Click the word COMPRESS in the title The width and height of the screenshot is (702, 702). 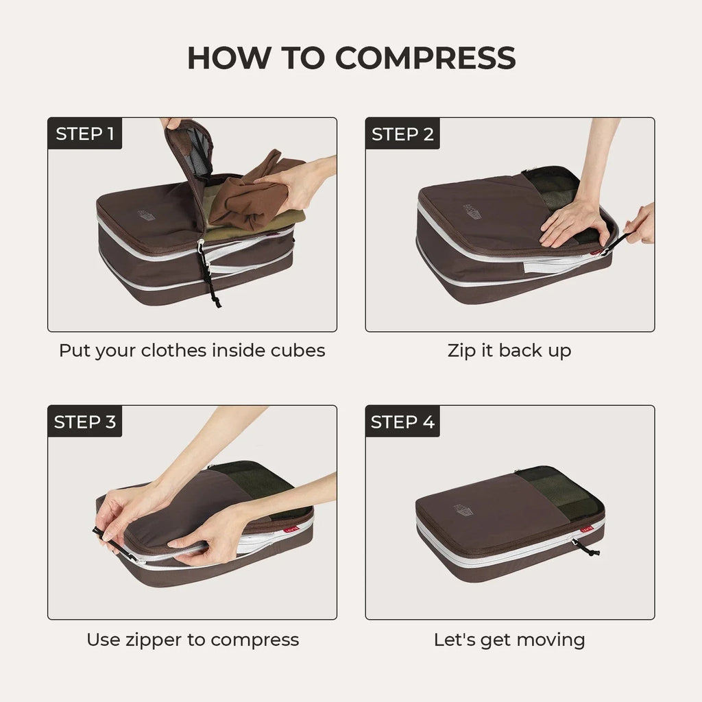point(425,58)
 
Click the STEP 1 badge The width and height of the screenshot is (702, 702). point(84,134)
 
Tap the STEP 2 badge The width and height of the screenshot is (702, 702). point(402,134)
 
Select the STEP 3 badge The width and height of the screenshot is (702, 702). point(84,422)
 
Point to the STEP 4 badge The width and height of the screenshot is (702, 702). point(402,422)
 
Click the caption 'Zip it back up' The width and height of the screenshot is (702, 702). point(509,350)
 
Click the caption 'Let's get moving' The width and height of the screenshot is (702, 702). point(509,640)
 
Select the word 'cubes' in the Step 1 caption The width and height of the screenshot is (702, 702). point(296,350)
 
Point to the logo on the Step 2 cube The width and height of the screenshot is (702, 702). point(472,213)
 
